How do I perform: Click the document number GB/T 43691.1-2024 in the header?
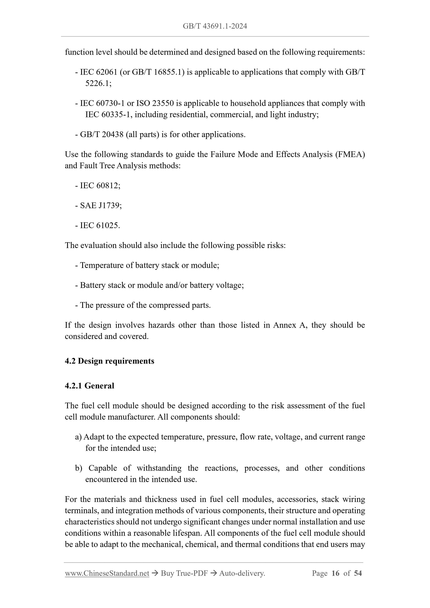click(x=215, y=26)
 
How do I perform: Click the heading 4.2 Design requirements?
click(x=109, y=361)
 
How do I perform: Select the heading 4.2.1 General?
click(x=89, y=386)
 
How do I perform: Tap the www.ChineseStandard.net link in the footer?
click(x=107, y=573)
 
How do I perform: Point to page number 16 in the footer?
click(x=335, y=573)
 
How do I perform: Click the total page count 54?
click(x=358, y=573)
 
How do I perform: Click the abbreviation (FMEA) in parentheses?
click(x=350, y=154)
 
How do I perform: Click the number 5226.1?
click(x=98, y=83)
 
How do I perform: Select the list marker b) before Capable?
click(x=78, y=468)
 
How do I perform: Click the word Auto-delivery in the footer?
click(x=242, y=573)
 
